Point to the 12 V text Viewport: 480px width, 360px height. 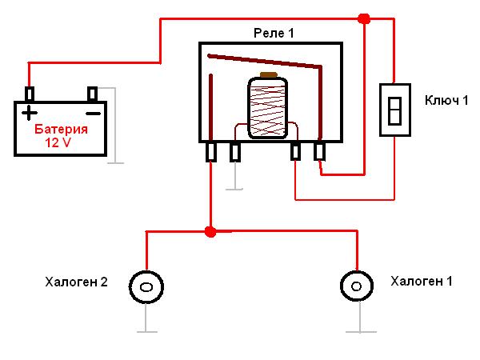[59, 144]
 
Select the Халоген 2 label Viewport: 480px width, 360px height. [77, 282]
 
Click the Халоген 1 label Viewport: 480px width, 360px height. [421, 281]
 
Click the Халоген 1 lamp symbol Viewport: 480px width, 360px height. [356, 286]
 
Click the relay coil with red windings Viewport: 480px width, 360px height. [267, 107]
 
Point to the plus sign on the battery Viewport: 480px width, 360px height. [30, 112]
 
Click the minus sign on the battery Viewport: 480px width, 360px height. [94, 112]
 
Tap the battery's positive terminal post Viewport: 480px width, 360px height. [29, 94]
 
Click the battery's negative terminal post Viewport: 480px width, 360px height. [92, 94]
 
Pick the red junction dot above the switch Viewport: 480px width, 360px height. [364, 18]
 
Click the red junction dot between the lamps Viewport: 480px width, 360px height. [210, 232]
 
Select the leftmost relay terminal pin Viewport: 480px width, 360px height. [211, 152]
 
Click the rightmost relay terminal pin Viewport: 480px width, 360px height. [319, 151]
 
